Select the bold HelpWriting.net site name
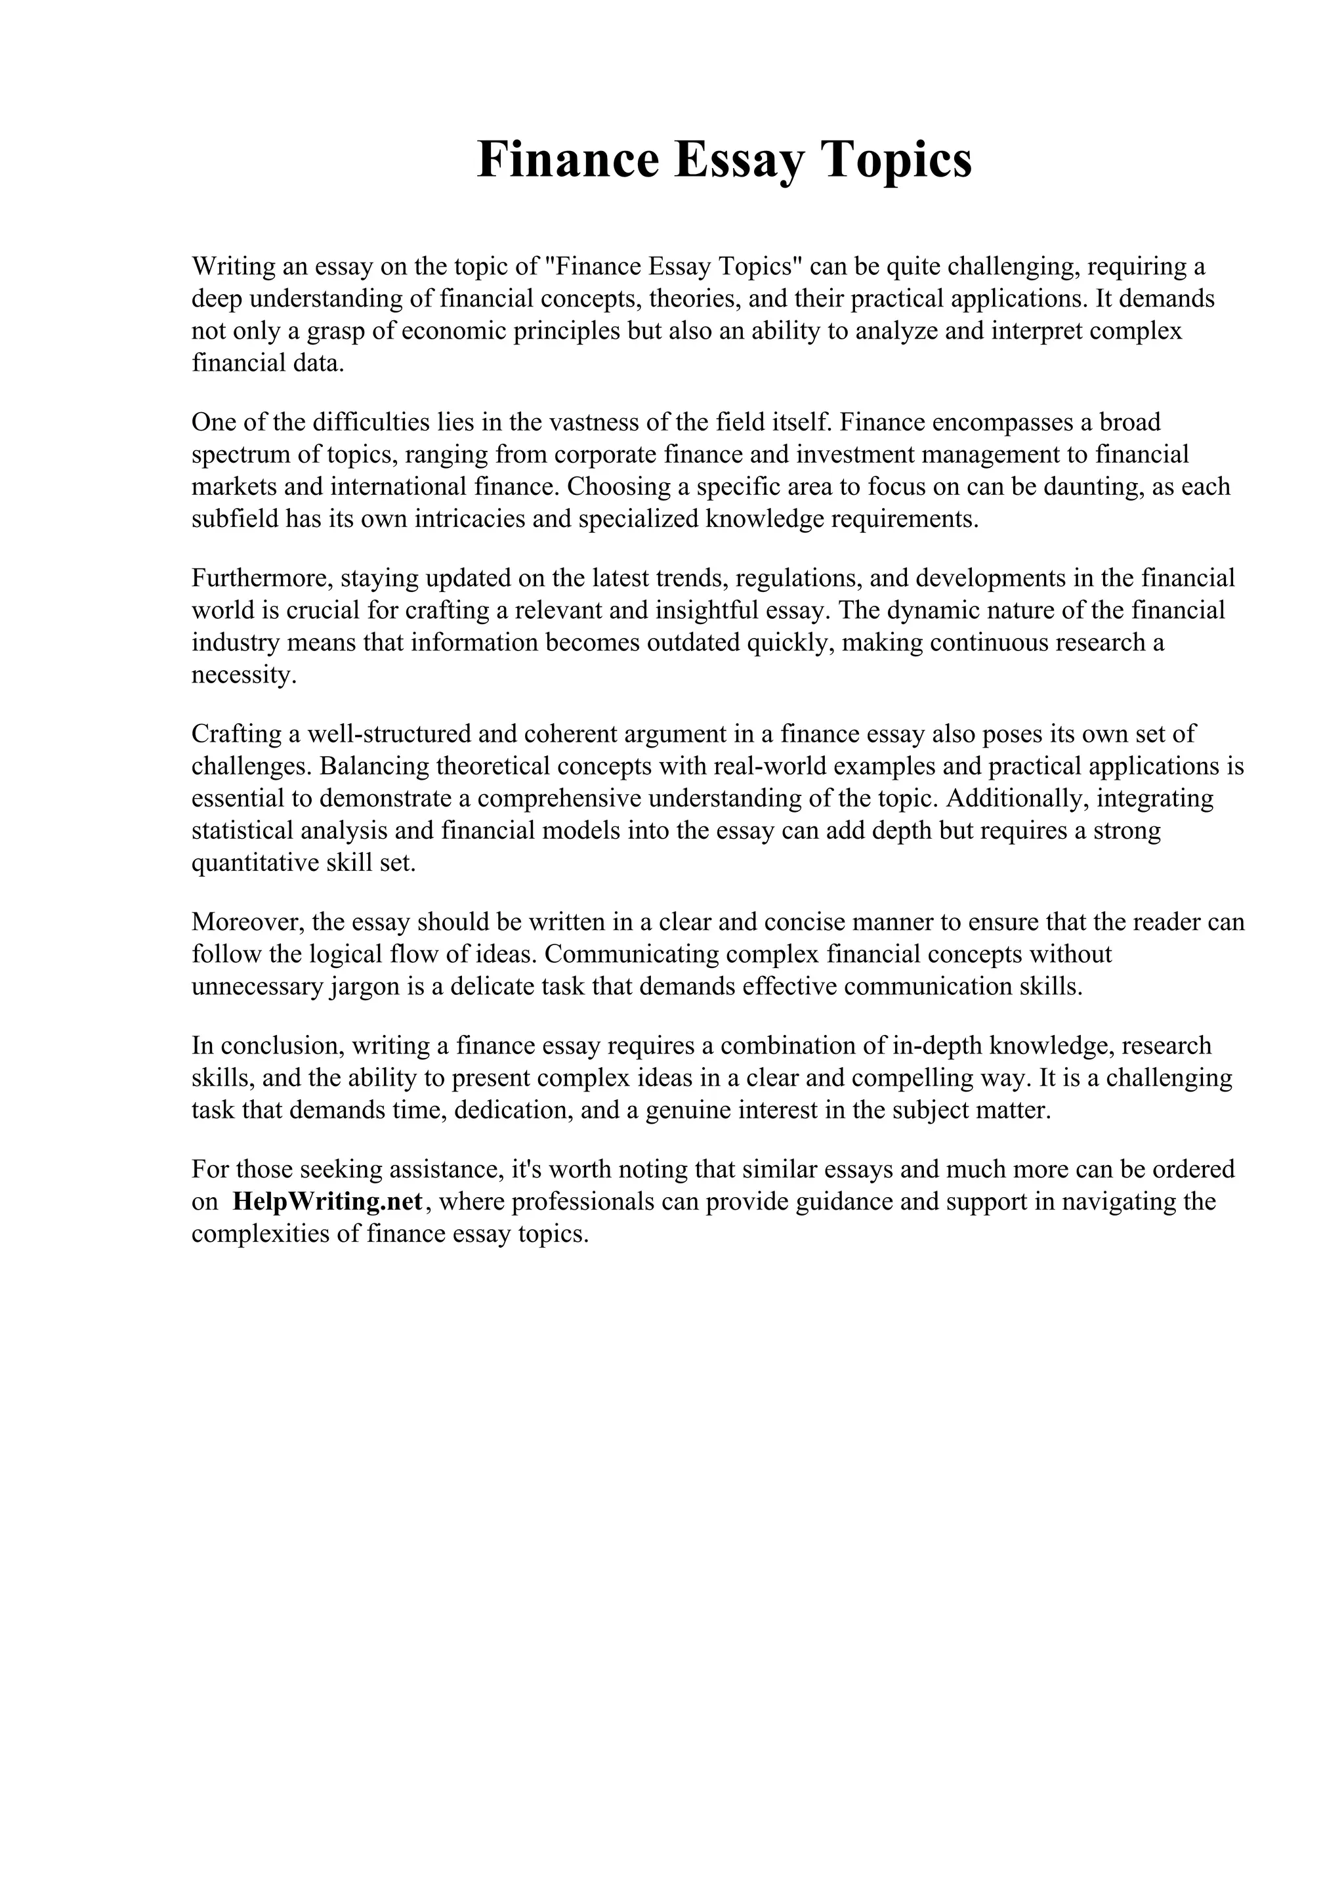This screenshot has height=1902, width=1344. point(328,1201)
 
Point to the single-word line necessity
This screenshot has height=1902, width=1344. point(243,675)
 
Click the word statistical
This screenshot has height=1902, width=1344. point(241,830)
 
